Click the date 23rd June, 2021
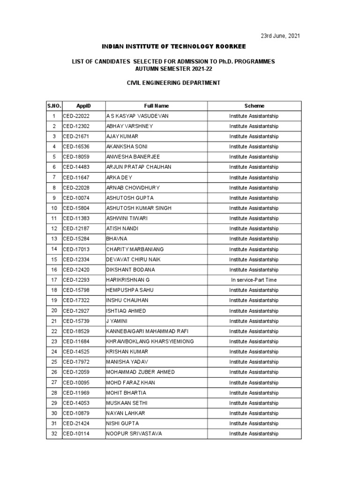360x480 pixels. (280, 36)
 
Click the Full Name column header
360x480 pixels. (157, 106)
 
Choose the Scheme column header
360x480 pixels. (254, 106)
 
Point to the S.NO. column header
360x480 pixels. (54, 106)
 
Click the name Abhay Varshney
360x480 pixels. (129, 126)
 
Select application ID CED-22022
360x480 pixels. (76, 116)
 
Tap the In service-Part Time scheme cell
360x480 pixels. (254, 280)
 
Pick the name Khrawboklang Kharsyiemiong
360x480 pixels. (150, 341)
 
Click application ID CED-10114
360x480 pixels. (76, 434)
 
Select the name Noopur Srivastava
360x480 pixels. (134, 434)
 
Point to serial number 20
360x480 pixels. (54, 311)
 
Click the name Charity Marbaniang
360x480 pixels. (135, 249)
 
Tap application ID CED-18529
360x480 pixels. (76, 331)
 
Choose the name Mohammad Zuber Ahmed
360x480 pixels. (141, 372)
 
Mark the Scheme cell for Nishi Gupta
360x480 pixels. (254, 423)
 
